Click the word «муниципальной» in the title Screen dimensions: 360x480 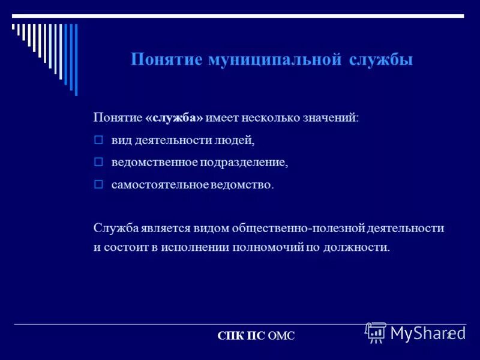[x=275, y=60]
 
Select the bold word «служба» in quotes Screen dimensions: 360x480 [x=174, y=118]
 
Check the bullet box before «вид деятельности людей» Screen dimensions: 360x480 [x=99, y=140]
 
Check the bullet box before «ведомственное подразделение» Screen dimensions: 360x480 [x=99, y=162]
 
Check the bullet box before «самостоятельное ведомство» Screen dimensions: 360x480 [x=99, y=185]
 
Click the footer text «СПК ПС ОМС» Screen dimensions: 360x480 [x=256, y=337]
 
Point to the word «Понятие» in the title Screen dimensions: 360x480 [x=166, y=60]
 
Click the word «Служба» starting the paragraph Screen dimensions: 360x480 [x=116, y=228]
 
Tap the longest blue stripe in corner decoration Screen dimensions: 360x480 [x=76, y=59]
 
